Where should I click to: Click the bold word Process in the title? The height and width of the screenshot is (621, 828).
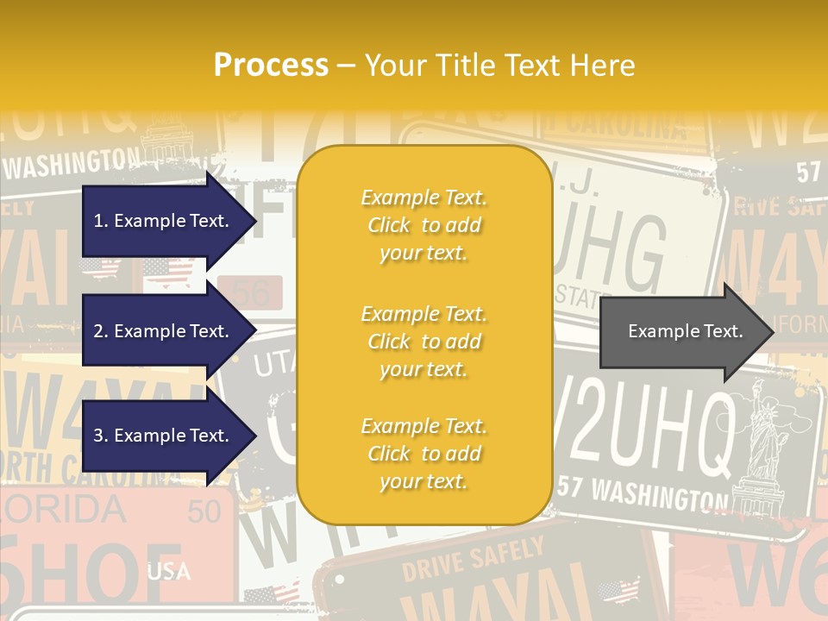coord(271,65)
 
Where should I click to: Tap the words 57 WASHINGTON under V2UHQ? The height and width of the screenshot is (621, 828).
coord(643,492)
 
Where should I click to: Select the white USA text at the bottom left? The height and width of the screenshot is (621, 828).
coord(169,571)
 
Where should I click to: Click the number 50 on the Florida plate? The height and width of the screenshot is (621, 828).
coord(204,511)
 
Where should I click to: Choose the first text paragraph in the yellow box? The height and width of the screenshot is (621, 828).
coord(423,225)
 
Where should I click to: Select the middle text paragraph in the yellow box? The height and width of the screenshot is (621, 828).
coord(423,342)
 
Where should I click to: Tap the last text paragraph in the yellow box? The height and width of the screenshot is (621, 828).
coord(423,454)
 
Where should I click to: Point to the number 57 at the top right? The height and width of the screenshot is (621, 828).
coord(808,172)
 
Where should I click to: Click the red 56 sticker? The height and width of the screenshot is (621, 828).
coord(251,294)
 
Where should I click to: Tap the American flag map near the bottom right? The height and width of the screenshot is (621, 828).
coord(618,591)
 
